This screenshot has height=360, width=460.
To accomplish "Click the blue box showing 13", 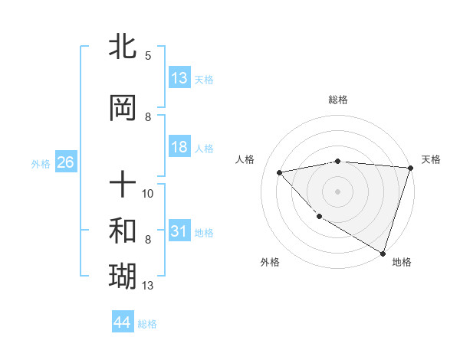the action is pyautogui.click(x=179, y=78).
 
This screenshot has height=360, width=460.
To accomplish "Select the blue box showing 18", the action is pyautogui.click(x=179, y=147).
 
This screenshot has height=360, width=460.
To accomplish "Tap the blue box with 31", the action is pyautogui.click(x=179, y=232).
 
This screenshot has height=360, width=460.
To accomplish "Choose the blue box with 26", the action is pyautogui.click(x=65, y=163).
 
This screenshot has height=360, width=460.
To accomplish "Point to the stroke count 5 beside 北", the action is pyautogui.click(x=148, y=55).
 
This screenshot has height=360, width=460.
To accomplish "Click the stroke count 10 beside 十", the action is pyautogui.click(x=148, y=193).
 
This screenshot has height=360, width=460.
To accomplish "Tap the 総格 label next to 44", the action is pyautogui.click(x=147, y=324).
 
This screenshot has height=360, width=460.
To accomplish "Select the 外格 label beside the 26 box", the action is pyautogui.click(x=41, y=164).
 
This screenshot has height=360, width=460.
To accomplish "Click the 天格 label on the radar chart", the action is pyautogui.click(x=431, y=159).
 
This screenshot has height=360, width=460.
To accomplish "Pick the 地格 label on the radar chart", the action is pyautogui.click(x=402, y=262).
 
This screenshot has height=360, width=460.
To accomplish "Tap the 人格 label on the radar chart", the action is pyautogui.click(x=245, y=159).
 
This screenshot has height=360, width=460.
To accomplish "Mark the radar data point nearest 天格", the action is pyautogui.click(x=410, y=169).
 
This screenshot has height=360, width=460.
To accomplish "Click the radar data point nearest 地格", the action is pyautogui.click(x=383, y=253).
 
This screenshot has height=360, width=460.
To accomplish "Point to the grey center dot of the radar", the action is pyautogui.click(x=337, y=191).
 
